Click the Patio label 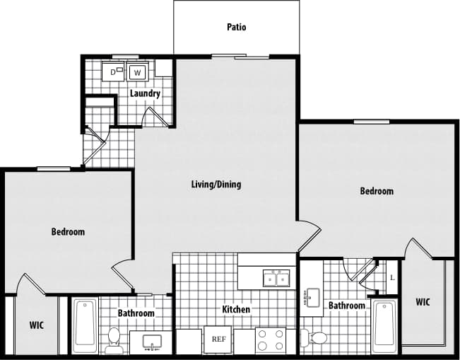point(237,28)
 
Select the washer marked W point(138,72)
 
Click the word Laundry point(145,93)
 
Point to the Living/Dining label point(216,185)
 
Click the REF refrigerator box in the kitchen point(218,339)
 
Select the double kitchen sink point(276,278)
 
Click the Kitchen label point(236,310)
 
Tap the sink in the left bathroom point(152,343)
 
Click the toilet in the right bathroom point(314,338)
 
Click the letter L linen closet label point(392,277)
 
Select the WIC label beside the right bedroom point(423,302)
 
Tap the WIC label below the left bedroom point(37,325)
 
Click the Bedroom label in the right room point(377,191)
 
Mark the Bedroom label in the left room point(68,232)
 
